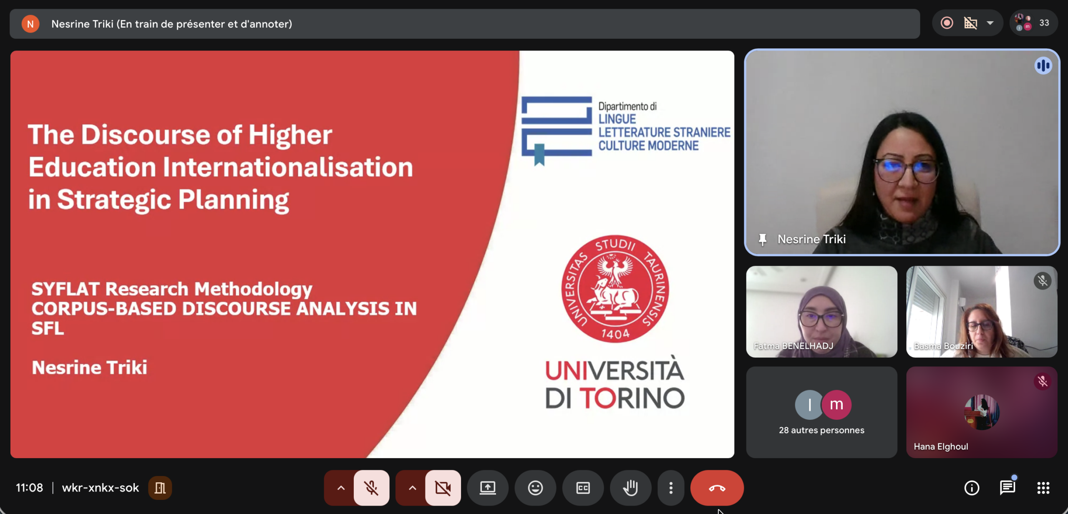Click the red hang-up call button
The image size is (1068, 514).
pyautogui.click(x=717, y=488)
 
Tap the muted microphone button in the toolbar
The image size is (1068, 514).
pyautogui.click(x=371, y=488)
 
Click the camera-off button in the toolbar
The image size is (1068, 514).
pyautogui.click(x=443, y=488)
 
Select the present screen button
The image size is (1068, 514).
pyautogui.click(x=488, y=488)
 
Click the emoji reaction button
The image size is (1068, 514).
pyautogui.click(x=535, y=488)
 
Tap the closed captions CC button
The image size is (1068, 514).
pyautogui.click(x=583, y=488)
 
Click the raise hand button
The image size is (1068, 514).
pyautogui.click(x=630, y=488)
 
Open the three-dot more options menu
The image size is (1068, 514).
pyautogui.click(x=671, y=488)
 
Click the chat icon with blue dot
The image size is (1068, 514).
pyautogui.click(x=1008, y=487)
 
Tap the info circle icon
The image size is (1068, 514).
pyautogui.click(x=972, y=488)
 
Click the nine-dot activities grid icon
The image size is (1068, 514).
pyautogui.click(x=1043, y=488)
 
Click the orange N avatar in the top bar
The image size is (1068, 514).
pyautogui.click(x=30, y=24)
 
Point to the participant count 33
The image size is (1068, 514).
pyautogui.click(x=1044, y=23)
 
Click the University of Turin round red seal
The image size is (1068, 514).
pyautogui.click(x=615, y=289)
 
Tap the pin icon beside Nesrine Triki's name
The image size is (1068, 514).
pyautogui.click(x=762, y=239)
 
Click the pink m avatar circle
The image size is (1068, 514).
pyautogui.click(x=836, y=404)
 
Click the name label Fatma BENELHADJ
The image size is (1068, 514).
pyautogui.click(x=793, y=346)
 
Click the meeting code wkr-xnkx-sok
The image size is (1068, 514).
pyautogui.click(x=100, y=488)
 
